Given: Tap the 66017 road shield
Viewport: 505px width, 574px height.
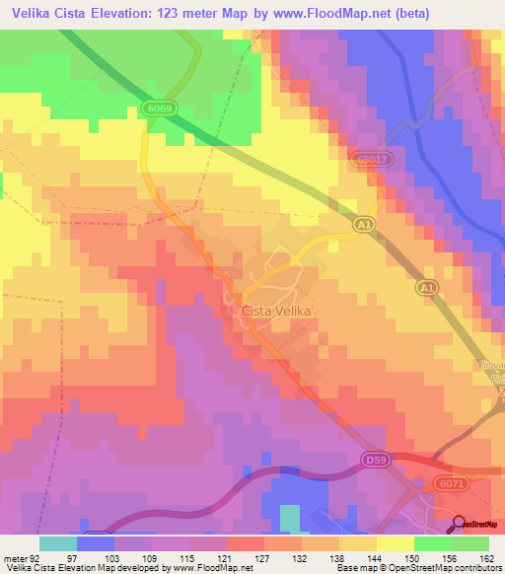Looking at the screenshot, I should pos(373,157).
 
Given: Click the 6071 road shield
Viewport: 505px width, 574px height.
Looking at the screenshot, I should pos(452,484).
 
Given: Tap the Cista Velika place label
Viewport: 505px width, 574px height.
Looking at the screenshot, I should pos(276,311).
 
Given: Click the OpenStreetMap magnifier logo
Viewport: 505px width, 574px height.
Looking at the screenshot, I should pos(459,525).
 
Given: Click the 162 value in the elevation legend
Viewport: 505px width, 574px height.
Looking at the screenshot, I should pos(488,558).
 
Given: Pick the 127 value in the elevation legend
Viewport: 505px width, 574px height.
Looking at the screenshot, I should pos(264,558).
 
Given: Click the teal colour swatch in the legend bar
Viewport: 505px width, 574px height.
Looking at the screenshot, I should pos(58,543).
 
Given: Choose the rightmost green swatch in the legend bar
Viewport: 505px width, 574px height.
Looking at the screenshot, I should pos(470,543).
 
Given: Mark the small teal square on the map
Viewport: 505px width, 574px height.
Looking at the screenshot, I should pos(289,518).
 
